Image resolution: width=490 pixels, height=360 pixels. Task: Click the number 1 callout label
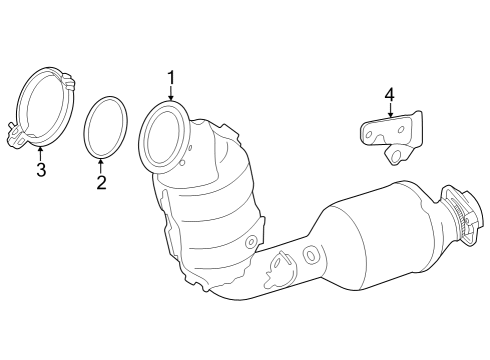[171, 77]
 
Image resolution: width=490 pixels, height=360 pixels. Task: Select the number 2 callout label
[101, 182]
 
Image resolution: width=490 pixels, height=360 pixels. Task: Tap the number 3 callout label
[41, 170]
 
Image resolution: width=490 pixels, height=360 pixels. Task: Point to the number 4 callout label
[389, 95]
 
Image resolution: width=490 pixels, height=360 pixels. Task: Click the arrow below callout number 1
[171, 93]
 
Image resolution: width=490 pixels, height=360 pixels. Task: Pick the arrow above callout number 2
[101, 164]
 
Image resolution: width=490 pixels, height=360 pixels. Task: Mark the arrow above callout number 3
[41, 153]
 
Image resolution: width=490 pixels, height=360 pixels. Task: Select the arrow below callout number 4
[389, 111]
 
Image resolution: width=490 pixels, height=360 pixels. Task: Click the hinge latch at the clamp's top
[66, 75]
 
